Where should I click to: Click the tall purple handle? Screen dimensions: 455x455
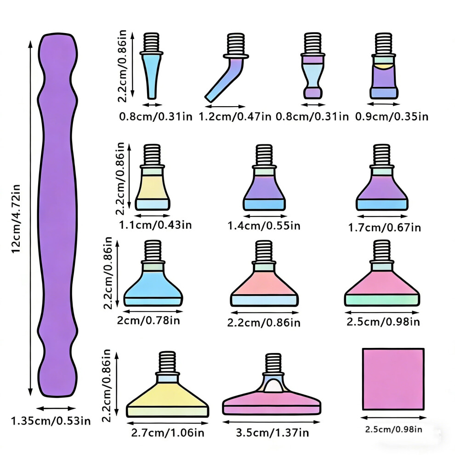[x=57, y=215]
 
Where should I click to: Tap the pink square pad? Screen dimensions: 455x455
[x=393, y=379]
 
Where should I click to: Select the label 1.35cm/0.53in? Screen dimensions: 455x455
[x=51, y=421]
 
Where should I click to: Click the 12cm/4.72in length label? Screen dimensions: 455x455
[x=16, y=219]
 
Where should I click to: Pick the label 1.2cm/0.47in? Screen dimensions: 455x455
[x=235, y=117]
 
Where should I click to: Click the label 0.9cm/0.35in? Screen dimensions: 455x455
[x=392, y=117]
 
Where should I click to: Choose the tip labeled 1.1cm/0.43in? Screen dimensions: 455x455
[x=152, y=177]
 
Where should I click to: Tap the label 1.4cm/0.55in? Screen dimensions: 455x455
[x=264, y=226]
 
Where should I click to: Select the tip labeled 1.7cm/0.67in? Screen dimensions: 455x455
[x=382, y=177]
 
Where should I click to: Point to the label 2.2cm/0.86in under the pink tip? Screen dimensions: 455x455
[x=264, y=323]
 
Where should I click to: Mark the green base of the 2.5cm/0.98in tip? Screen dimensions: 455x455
[x=382, y=300]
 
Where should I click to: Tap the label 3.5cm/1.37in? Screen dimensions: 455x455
[x=272, y=432]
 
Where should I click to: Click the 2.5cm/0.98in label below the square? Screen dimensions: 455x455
[x=393, y=429]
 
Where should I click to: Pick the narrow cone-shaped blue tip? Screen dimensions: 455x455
[x=152, y=66]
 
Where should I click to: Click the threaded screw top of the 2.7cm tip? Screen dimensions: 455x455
[x=167, y=362]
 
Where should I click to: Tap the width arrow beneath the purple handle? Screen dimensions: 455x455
[x=56, y=409]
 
